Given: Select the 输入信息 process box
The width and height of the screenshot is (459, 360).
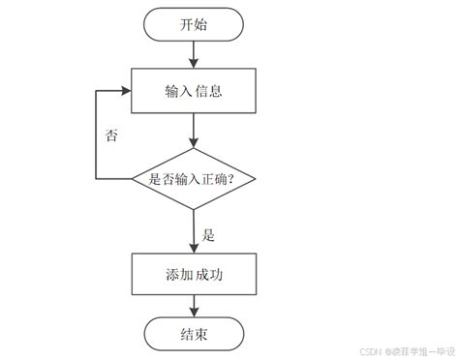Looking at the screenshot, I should [x=195, y=91].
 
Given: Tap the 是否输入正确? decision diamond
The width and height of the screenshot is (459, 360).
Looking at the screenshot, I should [x=195, y=179].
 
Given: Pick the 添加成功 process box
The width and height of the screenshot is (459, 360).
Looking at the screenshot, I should [x=195, y=274].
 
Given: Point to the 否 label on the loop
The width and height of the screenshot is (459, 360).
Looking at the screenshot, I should [x=112, y=135].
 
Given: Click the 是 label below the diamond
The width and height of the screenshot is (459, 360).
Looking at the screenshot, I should [x=208, y=233].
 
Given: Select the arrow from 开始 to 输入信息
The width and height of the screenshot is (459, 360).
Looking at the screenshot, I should [x=195, y=55].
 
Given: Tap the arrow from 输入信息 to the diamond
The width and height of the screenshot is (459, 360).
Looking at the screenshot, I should [x=195, y=130].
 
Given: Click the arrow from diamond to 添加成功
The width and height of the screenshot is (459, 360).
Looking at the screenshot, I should [x=195, y=232].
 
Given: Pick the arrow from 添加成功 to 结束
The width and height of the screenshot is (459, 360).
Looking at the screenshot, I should [x=195, y=307].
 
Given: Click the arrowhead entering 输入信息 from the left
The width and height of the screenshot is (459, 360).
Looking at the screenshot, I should [x=126, y=91].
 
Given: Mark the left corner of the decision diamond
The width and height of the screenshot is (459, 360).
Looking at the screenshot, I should [x=134, y=179].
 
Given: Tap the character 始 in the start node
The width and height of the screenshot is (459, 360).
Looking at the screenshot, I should [x=204, y=25].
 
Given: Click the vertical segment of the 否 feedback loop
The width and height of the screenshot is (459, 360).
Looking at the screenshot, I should [x=96, y=135].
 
